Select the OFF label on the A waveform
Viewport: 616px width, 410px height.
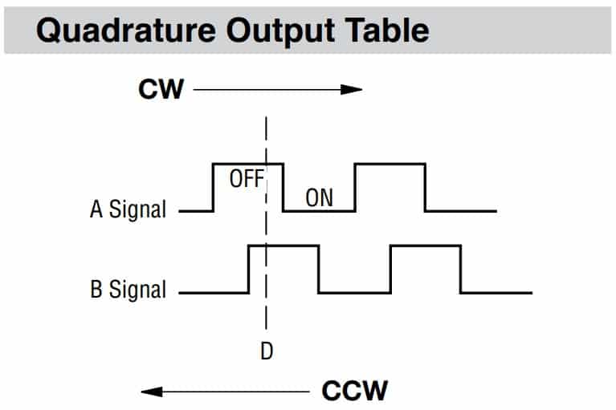tap(246, 178)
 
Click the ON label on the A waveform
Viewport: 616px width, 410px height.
tap(319, 197)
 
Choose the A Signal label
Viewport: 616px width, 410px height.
tap(129, 210)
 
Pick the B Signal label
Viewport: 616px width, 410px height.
tap(129, 289)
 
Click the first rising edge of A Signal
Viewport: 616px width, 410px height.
tap(213, 188)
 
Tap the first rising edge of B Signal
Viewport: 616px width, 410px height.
tap(249, 269)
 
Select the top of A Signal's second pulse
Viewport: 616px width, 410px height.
tap(390, 164)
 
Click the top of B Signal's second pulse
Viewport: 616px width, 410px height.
tap(426, 246)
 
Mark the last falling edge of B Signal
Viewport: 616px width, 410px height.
tap(461, 269)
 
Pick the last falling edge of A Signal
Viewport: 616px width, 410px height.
tap(425, 188)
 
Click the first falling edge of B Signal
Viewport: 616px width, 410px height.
tap(319, 269)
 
